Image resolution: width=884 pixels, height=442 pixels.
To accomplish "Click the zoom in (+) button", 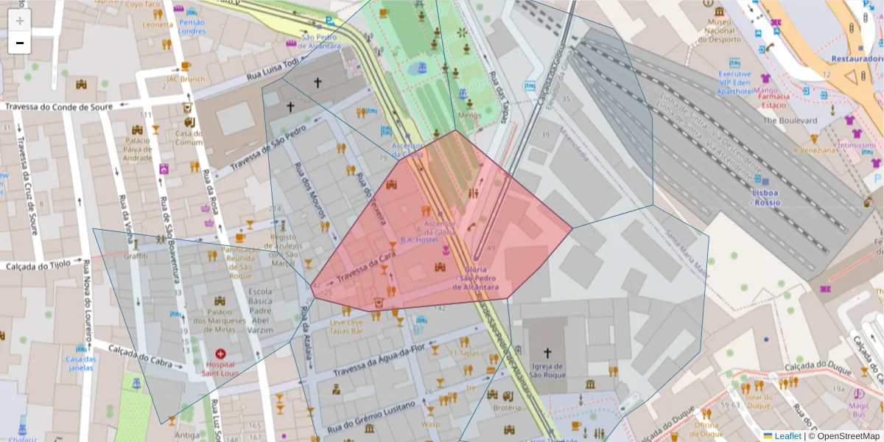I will click(x=20, y=21).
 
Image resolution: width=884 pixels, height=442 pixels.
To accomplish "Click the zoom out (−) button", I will click(x=20, y=43).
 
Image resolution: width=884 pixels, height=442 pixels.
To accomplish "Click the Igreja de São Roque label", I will click(x=547, y=371).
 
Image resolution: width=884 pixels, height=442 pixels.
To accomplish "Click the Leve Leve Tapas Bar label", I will click(x=346, y=327).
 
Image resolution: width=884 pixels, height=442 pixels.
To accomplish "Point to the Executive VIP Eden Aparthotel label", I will click(x=734, y=83).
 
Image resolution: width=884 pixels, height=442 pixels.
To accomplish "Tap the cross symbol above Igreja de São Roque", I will click(x=547, y=353).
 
